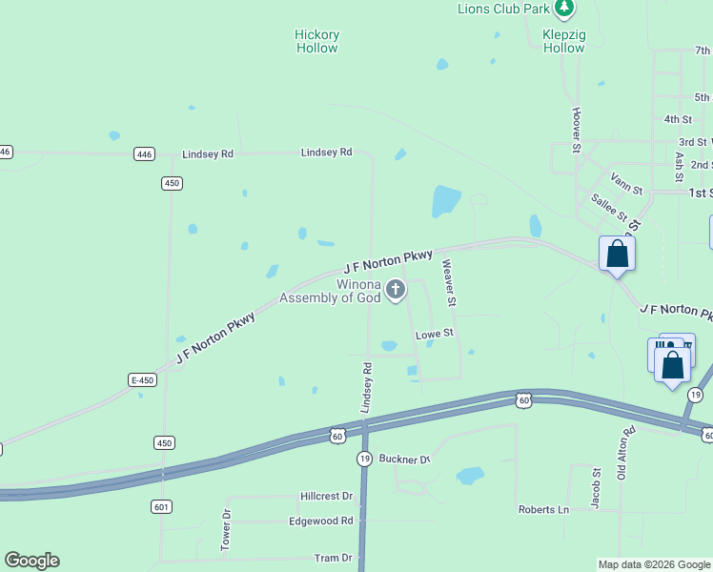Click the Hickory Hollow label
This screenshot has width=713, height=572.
[x=316, y=41]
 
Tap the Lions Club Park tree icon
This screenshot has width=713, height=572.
[x=565, y=9]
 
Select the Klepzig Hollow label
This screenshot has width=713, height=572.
[x=563, y=41]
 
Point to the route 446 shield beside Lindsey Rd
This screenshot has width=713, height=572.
[x=144, y=153]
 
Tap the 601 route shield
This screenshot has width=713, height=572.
[x=160, y=506]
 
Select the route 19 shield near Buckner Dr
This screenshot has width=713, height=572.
[x=364, y=459]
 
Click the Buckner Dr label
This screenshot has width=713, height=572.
[x=405, y=460]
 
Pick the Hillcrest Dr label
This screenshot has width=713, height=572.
[x=326, y=497]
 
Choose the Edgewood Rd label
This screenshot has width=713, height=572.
[x=321, y=521]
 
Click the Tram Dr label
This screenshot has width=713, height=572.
[x=333, y=558]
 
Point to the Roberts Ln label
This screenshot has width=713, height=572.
[x=543, y=510]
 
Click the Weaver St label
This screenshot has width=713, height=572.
[x=448, y=284]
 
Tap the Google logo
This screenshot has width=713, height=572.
[x=31, y=561]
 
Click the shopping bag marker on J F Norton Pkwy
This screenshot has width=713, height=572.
[x=617, y=255]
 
